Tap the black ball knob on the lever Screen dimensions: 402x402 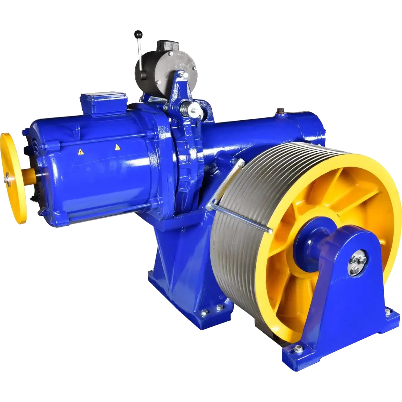point(137,33)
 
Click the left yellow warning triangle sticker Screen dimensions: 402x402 point(81,152)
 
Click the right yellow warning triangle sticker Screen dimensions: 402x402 point(117,147)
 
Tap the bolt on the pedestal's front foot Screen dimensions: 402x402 point(298,348)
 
